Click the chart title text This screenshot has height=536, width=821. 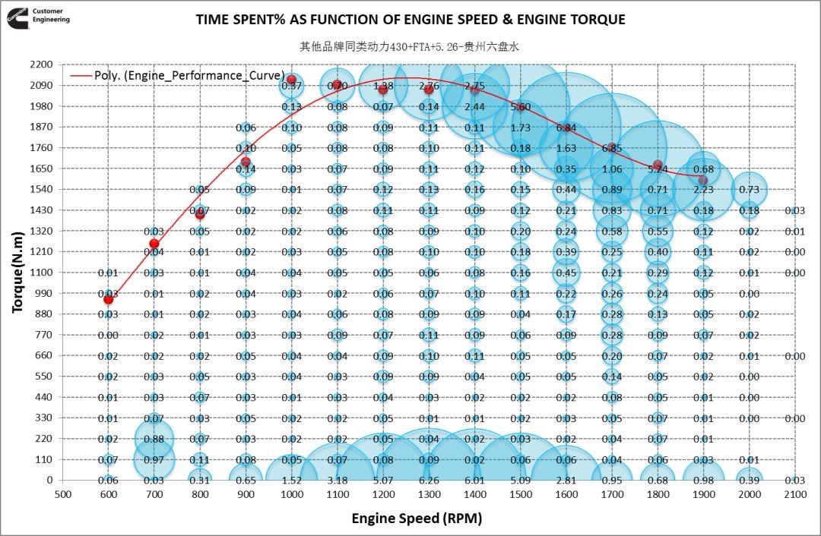[410, 20]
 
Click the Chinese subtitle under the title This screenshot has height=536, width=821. [410, 46]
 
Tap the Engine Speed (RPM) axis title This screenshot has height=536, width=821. [417, 519]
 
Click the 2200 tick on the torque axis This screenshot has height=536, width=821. [42, 65]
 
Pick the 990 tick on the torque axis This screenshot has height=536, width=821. [45, 293]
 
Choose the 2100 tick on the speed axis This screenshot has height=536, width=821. [794, 493]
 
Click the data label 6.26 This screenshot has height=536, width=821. [429, 480]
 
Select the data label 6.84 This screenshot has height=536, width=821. [566, 128]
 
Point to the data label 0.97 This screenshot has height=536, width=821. [154, 459]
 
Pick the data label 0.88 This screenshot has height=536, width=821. [154, 439]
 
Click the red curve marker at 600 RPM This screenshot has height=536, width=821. [109, 299]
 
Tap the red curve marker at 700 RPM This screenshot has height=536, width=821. [154, 244]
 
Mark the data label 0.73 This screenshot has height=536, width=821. [750, 189]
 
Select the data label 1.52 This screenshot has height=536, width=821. [291, 480]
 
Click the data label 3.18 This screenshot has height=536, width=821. [338, 480]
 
